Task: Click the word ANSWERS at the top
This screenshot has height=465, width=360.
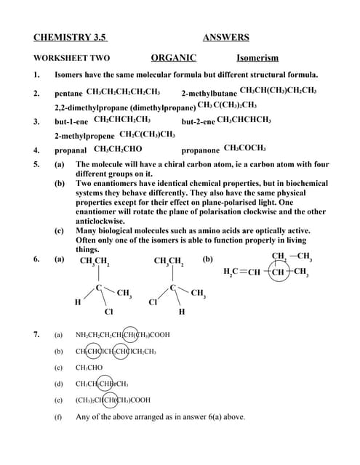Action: [x=225, y=38]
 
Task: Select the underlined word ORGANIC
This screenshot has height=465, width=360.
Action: [x=173, y=57]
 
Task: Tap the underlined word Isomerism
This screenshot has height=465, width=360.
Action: [x=257, y=58]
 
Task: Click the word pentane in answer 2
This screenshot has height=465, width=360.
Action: [x=68, y=94]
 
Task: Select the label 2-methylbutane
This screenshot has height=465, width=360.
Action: [x=209, y=94]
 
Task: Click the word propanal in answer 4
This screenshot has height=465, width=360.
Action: [x=71, y=150]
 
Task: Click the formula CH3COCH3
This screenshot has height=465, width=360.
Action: [x=244, y=147]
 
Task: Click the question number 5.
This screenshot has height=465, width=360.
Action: [x=36, y=165]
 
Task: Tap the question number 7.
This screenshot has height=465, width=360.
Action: [x=36, y=335]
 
